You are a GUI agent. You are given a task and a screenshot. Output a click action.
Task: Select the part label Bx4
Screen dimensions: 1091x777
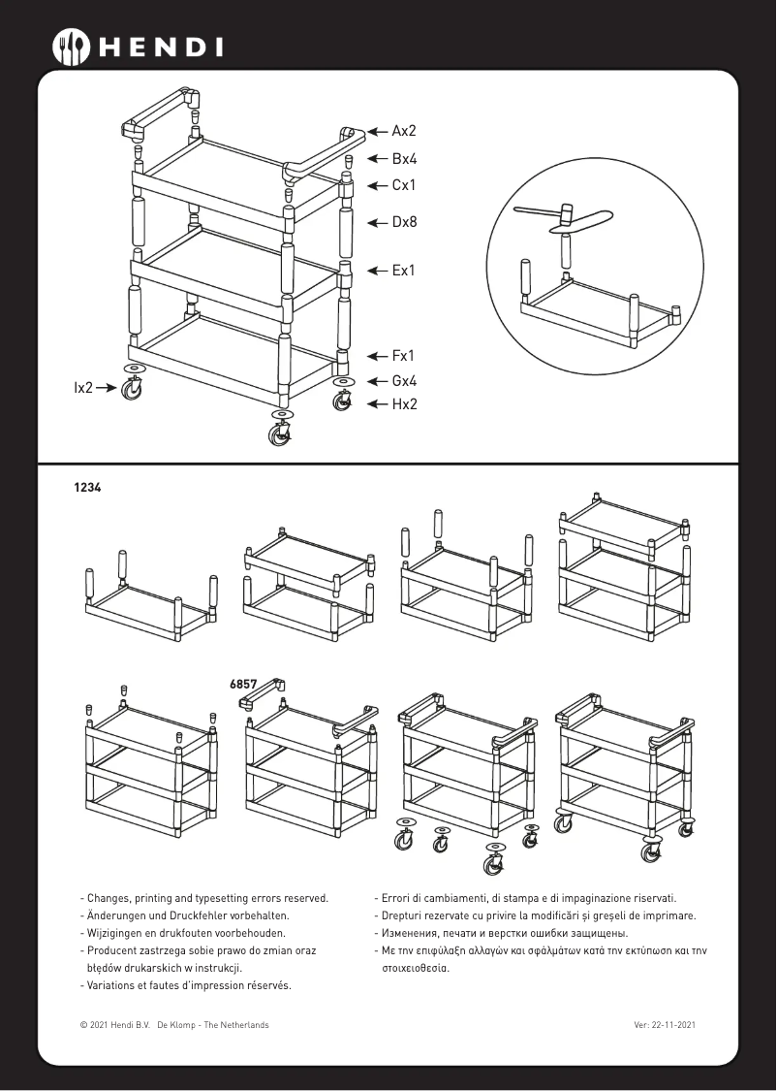click(404, 159)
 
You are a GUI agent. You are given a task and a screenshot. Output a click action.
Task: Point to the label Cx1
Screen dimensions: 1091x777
click(404, 184)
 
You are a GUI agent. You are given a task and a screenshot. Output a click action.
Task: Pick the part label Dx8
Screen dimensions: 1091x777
click(404, 222)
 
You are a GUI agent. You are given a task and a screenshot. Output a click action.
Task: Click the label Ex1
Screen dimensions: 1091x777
click(404, 271)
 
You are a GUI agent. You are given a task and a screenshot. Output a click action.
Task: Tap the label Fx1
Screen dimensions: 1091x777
click(404, 356)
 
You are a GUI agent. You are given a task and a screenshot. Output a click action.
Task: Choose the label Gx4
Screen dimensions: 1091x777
click(404, 382)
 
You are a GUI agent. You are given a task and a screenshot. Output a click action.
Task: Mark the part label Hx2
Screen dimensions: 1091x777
click(404, 404)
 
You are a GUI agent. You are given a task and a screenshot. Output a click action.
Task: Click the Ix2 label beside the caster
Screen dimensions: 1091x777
click(84, 387)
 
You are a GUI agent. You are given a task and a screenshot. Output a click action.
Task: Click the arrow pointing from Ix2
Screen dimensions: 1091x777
click(107, 387)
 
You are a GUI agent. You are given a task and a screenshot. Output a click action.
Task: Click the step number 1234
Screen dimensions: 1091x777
click(87, 489)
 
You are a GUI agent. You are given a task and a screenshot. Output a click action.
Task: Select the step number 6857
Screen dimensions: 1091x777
click(243, 684)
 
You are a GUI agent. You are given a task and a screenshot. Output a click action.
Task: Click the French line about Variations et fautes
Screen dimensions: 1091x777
click(187, 985)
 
